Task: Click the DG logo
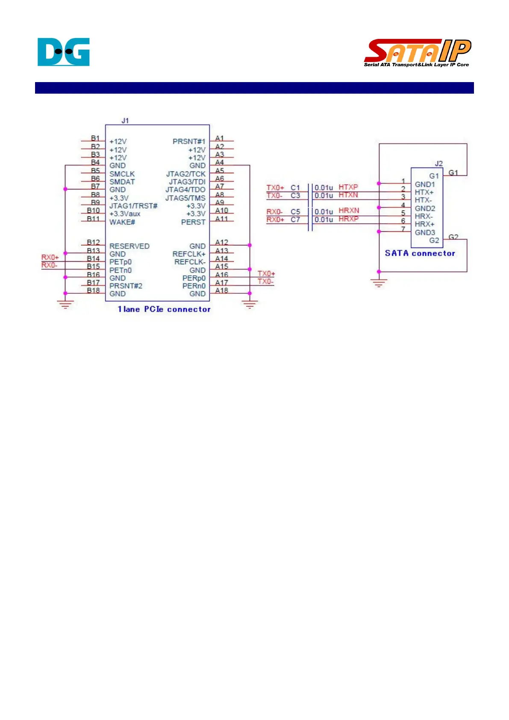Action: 63,52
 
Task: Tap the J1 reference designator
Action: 125,121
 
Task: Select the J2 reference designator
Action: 438,163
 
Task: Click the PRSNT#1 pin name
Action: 189,142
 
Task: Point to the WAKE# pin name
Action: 122,222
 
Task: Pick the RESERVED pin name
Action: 129,246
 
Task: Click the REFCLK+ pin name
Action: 189,254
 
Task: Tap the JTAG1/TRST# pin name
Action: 133,206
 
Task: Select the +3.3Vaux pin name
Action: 125,214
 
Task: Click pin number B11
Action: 93,218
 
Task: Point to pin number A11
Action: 221,218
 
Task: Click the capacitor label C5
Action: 295,212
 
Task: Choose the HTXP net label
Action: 348,187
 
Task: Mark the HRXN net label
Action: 349,210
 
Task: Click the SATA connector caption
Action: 420,253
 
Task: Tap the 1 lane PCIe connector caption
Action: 164,309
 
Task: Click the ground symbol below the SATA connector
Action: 379,283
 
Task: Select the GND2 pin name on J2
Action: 425,208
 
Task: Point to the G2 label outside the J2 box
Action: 453,237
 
